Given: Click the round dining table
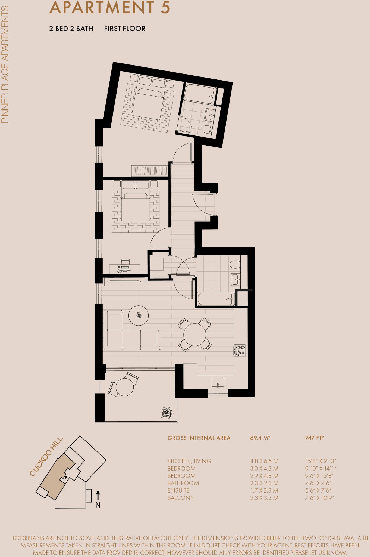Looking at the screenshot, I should [x=195, y=335].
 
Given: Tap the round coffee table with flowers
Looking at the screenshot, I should [x=139, y=315].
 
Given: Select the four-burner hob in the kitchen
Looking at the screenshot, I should [x=240, y=350].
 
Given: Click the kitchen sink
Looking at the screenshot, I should [x=218, y=382].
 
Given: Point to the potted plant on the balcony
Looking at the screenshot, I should [x=167, y=413].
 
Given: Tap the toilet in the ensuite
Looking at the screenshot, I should [x=207, y=129].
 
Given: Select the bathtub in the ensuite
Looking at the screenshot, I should [x=199, y=94].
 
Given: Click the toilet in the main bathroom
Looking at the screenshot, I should [x=235, y=264].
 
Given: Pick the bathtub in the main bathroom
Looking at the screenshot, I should [x=216, y=299].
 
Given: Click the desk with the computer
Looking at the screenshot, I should [x=125, y=269].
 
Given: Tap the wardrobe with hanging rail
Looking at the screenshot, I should [x=150, y=171].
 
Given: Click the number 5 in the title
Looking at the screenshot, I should [x=165, y=8].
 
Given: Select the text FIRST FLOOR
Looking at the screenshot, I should [x=125, y=29].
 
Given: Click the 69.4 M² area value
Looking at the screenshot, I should [x=260, y=438].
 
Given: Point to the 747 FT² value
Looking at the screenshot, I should [x=314, y=438].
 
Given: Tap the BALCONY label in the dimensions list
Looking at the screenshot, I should [x=180, y=498].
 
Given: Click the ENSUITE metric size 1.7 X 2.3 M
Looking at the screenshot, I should [x=264, y=490].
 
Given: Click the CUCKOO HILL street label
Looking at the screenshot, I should [x=46, y=457].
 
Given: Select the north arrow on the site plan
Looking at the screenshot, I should [x=98, y=496].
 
